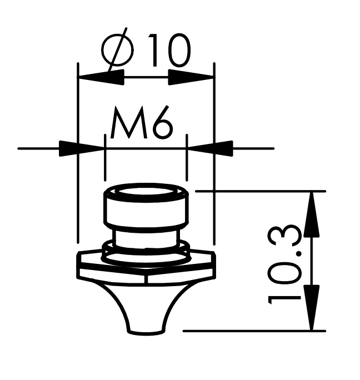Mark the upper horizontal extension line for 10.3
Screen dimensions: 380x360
point(261,190)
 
